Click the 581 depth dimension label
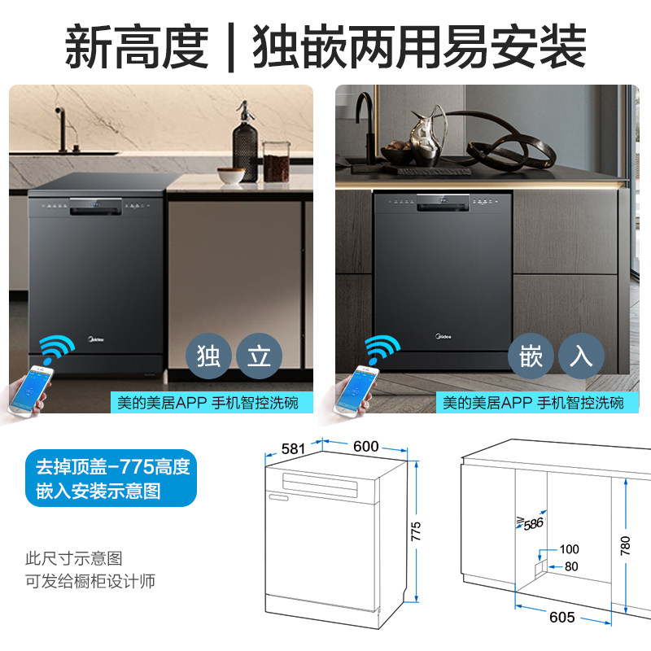[x=293, y=449]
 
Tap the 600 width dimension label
[x=365, y=446]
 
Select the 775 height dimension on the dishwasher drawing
[x=416, y=531]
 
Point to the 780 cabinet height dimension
[x=625, y=545]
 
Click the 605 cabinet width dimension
[x=561, y=618]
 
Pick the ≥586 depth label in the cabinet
[x=530, y=523]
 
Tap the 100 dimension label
[x=569, y=549]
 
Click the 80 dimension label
[x=571, y=566]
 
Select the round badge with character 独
[x=208, y=356]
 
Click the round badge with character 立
[x=259, y=356]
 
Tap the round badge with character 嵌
[x=531, y=356]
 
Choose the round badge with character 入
[x=581, y=356]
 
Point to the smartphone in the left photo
[x=30, y=390]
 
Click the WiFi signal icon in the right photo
[x=382, y=349]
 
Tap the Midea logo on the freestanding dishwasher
[x=96, y=339]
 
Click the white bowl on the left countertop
[x=231, y=175]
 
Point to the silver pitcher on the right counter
[x=426, y=136]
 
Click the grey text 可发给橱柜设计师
[x=90, y=581]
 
